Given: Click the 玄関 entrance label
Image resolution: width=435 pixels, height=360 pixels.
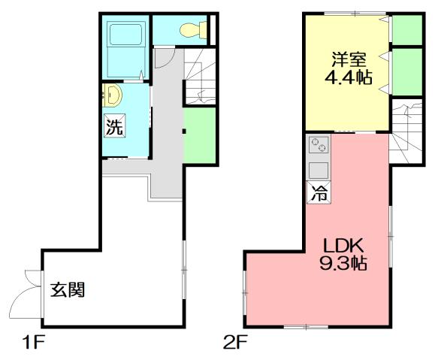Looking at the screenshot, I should (x=68, y=289).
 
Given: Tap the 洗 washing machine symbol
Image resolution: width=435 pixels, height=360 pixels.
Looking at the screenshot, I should (x=113, y=127).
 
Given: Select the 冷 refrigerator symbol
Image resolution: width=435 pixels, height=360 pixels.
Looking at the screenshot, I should (x=319, y=192).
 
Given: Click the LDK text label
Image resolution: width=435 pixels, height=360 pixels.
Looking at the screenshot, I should (x=343, y=246).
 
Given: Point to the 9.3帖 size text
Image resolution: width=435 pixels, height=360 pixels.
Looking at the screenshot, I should (x=345, y=265).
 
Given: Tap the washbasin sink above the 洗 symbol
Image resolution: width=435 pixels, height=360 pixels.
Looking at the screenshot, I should (x=112, y=95).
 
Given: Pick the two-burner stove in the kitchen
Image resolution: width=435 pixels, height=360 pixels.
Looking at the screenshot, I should (x=317, y=145).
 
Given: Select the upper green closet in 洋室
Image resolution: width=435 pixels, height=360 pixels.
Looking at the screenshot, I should (x=406, y=31).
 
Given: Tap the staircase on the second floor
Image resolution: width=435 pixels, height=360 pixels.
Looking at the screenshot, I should (x=406, y=131).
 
